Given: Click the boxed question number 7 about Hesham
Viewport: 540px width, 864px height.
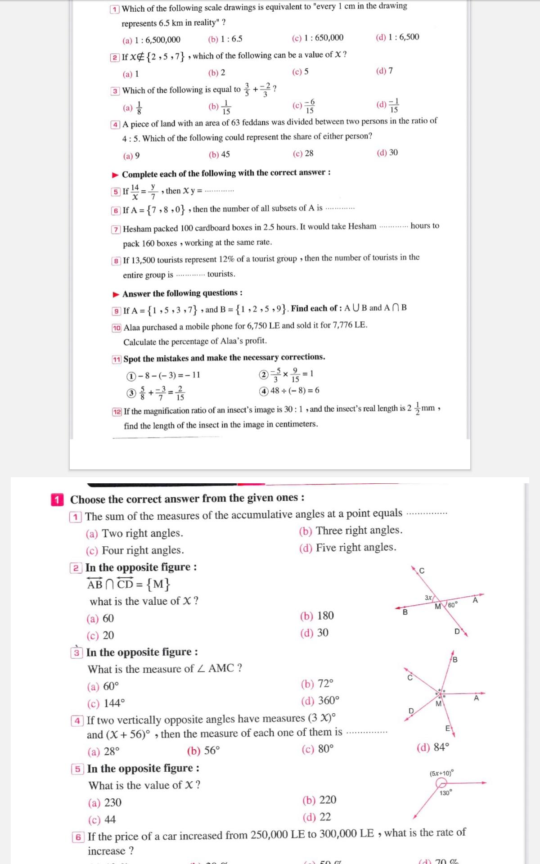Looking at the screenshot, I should coord(116,229).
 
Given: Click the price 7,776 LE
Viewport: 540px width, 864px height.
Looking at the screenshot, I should coord(350,324).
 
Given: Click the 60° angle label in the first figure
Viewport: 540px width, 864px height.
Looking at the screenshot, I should coord(453,604).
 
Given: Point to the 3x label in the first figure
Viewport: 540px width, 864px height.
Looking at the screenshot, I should coord(428,598).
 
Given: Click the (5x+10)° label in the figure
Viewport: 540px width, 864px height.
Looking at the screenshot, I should coord(441,773).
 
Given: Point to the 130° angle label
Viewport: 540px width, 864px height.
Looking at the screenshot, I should coord(445,793).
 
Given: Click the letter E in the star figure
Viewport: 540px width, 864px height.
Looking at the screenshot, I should coord(448,728).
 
